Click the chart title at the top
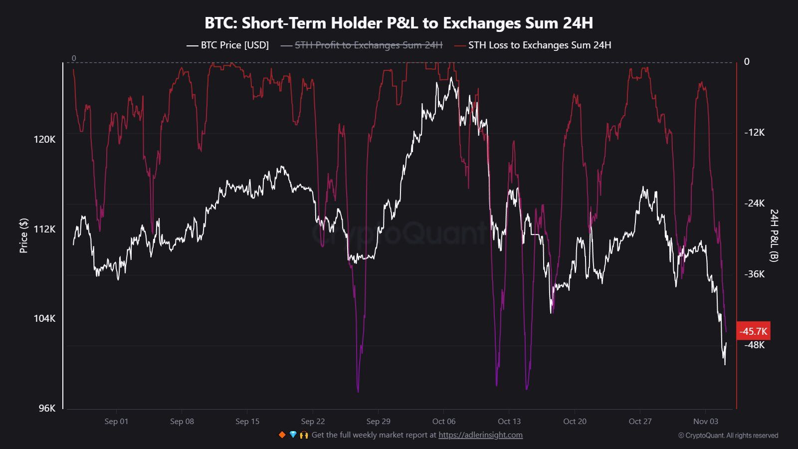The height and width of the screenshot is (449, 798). pyautogui.click(x=399, y=23)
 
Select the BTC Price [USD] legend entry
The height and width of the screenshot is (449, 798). pyautogui.click(x=228, y=45)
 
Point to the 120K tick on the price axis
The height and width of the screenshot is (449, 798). pyautogui.click(x=44, y=139)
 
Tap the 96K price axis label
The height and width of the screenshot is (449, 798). pyautogui.click(x=47, y=408)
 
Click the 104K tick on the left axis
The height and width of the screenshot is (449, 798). pyautogui.click(x=44, y=318)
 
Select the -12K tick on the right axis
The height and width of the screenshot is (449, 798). pyautogui.click(x=754, y=133)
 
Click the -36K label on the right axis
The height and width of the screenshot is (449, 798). pyautogui.click(x=754, y=274)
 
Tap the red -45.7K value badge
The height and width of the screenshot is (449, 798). pyautogui.click(x=753, y=331)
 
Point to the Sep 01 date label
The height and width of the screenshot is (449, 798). pyautogui.click(x=116, y=422)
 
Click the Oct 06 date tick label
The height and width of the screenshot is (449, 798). pyautogui.click(x=444, y=422)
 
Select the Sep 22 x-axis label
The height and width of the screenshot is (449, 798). pyautogui.click(x=313, y=422)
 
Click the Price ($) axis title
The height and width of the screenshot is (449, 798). pyautogui.click(x=23, y=235)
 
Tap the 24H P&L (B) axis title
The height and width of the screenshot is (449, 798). pyautogui.click(x=774, y=235)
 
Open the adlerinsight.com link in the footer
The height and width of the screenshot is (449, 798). pyautogui.click(x=480, y=435)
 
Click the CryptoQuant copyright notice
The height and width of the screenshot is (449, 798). pyautogui.click(x=728, y=436)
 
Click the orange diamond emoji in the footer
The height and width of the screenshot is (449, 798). pyautogui.click(x=282, y=435)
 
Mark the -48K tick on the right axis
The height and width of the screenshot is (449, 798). pyautogui.click(x=754, y=345)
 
